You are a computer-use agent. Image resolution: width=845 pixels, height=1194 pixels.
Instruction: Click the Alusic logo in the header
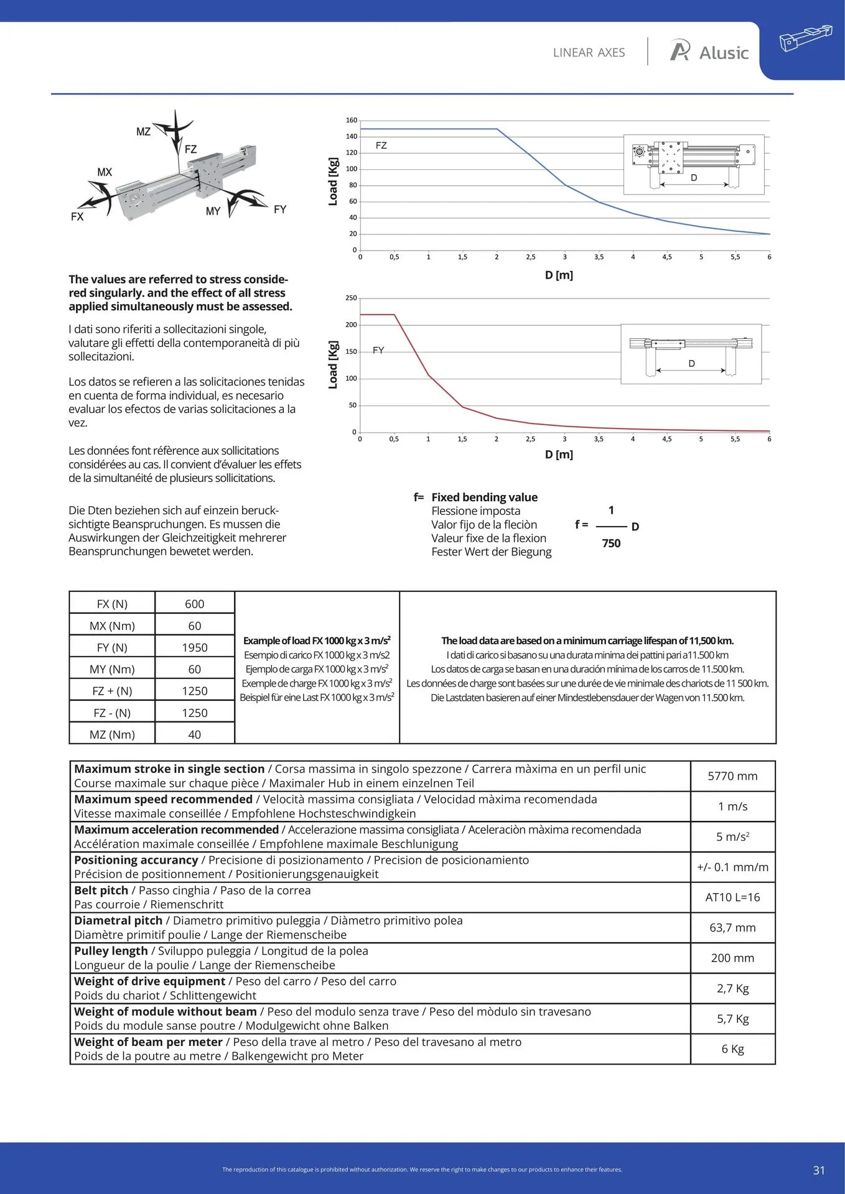coord(709,52)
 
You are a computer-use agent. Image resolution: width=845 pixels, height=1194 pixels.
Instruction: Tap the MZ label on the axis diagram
coord(143,132)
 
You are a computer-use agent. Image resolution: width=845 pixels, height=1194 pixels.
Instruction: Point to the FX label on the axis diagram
coord(77,217)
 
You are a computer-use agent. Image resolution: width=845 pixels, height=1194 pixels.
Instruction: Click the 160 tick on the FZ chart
coord(352,121)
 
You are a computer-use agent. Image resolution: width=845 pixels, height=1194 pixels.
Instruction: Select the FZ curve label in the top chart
coord(381,146)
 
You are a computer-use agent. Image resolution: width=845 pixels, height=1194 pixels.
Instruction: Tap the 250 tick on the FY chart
coord(352,298)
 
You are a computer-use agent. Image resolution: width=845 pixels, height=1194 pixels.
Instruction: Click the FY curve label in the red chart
coord(378,351)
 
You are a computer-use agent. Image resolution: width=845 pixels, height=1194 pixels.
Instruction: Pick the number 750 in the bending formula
coord(611,544)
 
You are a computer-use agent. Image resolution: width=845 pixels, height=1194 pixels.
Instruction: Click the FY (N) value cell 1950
coord(194,648)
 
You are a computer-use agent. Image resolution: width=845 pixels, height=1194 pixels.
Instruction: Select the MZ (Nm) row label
coord(112,734)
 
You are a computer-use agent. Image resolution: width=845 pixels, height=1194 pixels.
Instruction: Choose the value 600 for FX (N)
coord(194,604)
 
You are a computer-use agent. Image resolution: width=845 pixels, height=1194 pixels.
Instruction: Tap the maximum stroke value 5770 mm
coord(732,776)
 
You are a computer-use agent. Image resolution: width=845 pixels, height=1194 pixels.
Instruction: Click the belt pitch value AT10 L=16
coord(732,897)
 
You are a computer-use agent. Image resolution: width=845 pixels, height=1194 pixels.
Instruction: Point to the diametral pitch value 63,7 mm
coord(732,928)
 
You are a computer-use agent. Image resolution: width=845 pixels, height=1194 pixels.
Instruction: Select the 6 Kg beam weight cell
coord(732,1049)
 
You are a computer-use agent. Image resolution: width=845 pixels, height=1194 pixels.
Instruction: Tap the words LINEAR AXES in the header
coord(589,53)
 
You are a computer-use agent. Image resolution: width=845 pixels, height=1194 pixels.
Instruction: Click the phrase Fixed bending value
coord(484,497)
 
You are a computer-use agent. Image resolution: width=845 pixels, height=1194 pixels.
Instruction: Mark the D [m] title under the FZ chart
coord(559,275)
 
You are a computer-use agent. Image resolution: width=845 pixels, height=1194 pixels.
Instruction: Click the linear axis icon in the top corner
coord(805,38)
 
